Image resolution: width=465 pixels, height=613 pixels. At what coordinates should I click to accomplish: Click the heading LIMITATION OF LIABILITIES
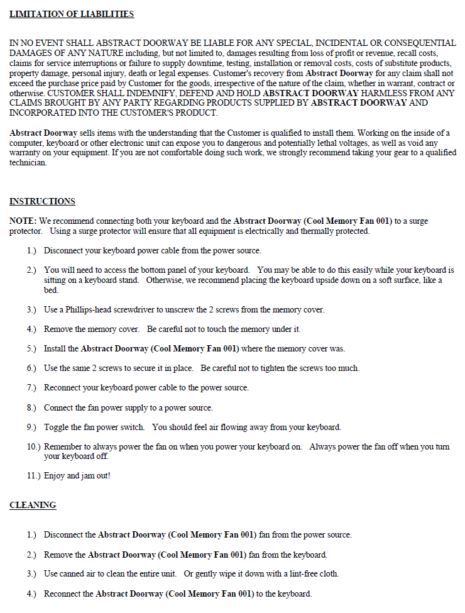tap(72, 14)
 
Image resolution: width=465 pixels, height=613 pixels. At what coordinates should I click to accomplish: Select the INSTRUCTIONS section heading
tap(42, 201)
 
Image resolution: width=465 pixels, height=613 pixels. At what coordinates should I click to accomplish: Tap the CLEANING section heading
tap(33, 505)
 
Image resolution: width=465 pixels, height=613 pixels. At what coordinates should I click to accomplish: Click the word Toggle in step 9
tap(55, 427)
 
